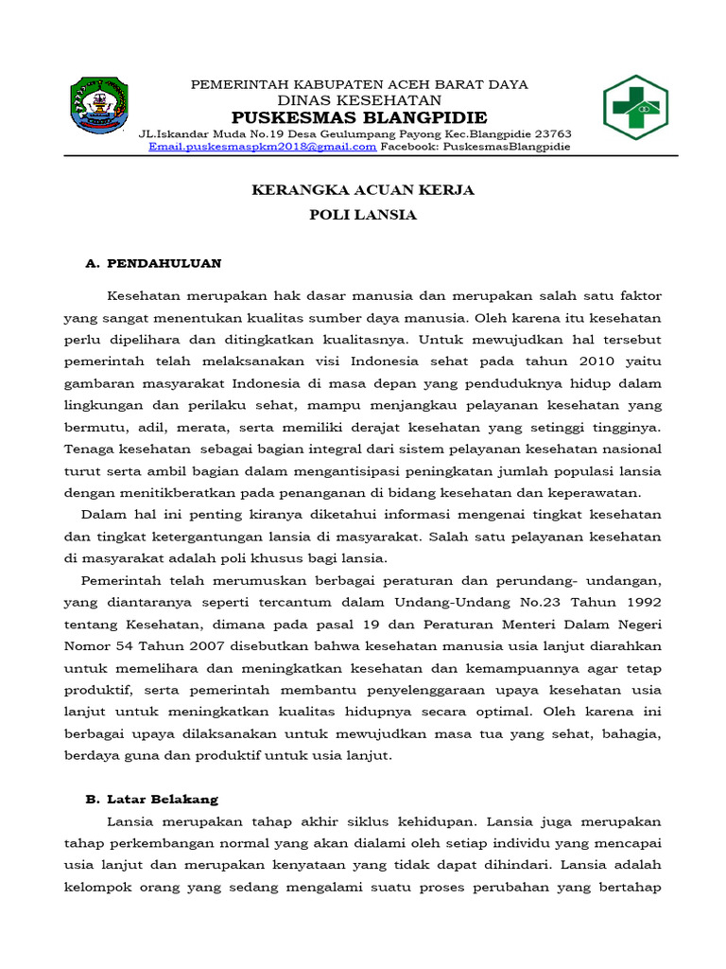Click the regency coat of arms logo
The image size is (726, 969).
[101, 107]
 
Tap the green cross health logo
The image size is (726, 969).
[635, 107]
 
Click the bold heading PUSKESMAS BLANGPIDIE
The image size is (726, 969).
[359, 117]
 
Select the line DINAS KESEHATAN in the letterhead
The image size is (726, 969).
[359, 100]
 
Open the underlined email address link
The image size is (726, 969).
[263, 147]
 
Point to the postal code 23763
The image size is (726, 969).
[551, 133]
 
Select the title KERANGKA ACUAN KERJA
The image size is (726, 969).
[362, 190]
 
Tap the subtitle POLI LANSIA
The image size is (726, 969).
[363, 215]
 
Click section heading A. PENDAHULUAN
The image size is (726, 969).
[153, 262]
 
